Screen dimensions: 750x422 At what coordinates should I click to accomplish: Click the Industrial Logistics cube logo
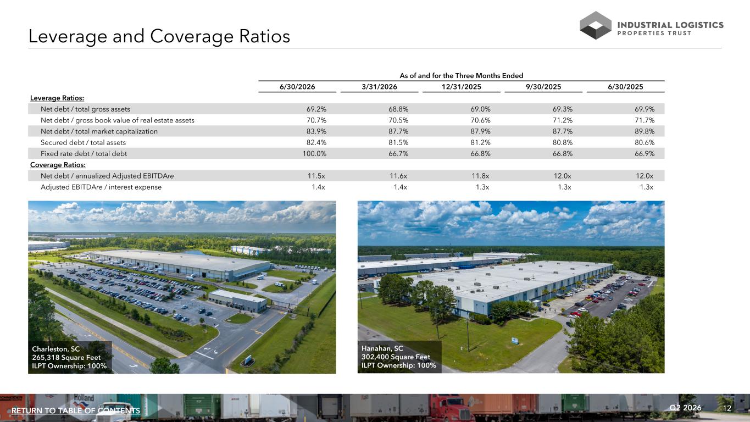595,25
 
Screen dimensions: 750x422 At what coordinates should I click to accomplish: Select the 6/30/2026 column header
297,87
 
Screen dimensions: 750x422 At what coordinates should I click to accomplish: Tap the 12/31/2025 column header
462,87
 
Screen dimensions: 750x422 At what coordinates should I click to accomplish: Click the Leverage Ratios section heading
57,98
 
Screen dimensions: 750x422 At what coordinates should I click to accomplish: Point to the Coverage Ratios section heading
58,165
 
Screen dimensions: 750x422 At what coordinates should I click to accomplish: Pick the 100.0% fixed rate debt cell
314,154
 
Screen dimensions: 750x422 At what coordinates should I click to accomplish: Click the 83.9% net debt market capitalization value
316,131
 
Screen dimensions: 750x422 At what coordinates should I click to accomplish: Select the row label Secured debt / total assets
83,143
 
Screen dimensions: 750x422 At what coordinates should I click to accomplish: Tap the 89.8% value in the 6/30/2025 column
645,131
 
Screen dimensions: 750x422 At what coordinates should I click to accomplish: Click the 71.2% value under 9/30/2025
563,120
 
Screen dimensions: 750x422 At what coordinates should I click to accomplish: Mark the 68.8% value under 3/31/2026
398,109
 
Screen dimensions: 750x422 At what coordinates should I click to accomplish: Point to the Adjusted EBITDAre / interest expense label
101,187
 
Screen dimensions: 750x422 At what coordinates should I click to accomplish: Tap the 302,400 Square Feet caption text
396,357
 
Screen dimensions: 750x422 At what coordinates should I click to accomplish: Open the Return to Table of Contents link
76,410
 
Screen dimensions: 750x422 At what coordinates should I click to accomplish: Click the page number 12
727,408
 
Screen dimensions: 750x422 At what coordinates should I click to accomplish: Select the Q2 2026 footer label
685,408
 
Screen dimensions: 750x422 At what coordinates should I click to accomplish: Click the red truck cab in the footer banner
451,408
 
